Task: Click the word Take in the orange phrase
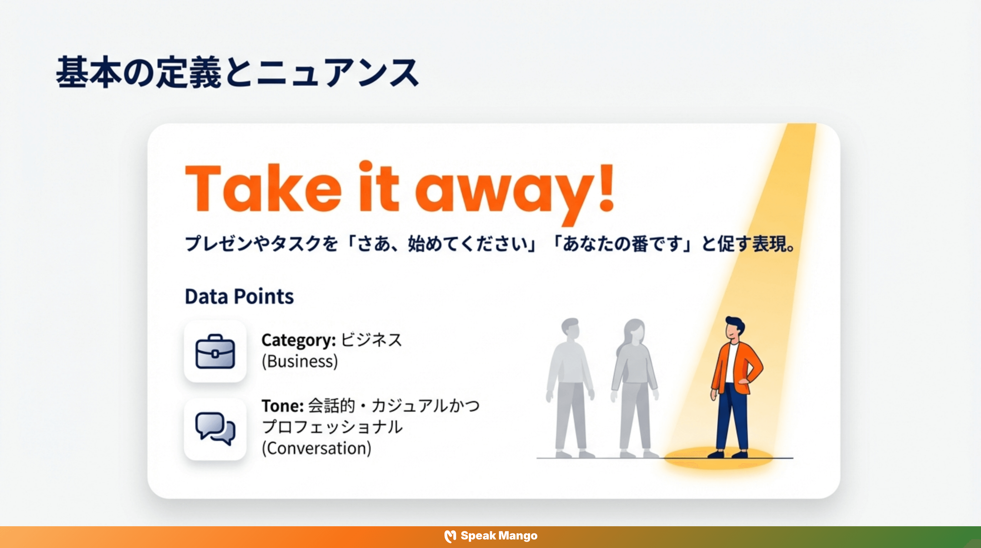tap(263, 189)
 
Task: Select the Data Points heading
tap(239, 296)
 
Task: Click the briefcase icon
tap(215, 351)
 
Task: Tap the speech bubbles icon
tap(215, 429)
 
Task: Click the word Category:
tap(298, 340)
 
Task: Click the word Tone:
tap(282, 406)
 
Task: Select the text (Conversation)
tap(316, 448)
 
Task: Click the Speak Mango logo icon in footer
tap(450, 536)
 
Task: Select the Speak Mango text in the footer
tap(499, 536)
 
